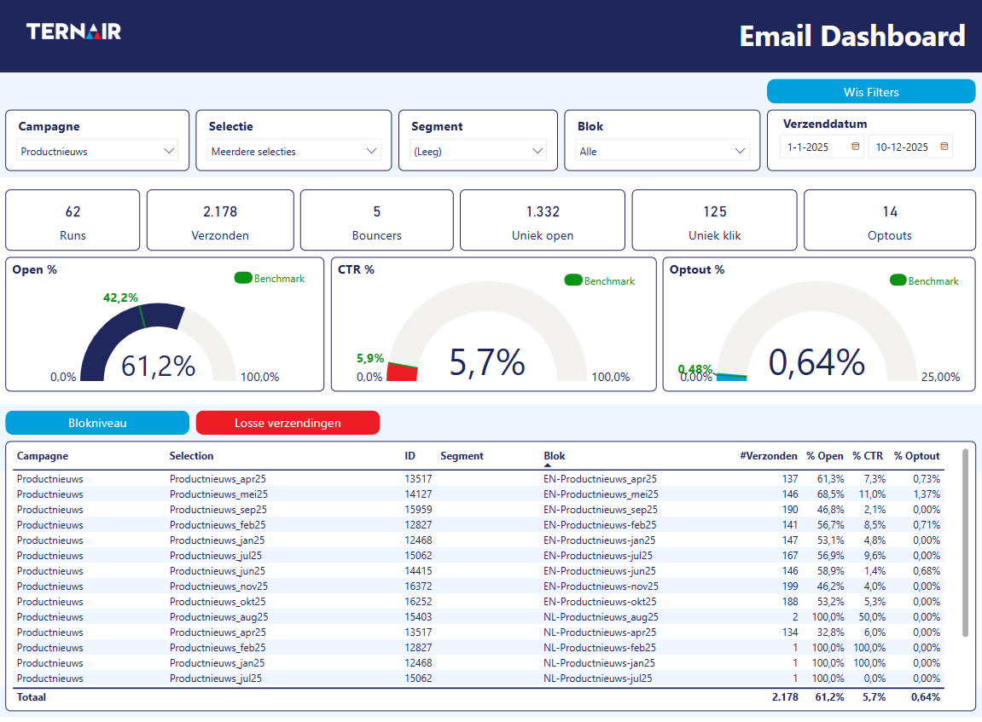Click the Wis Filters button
[870, 92]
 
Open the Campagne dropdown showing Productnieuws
[97, 151]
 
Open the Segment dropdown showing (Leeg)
[478, 151]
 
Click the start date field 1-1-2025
[821, 147]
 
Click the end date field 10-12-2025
[909, 147]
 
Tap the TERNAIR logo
[73, 32]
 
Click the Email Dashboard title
[851, 36]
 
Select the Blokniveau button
[97, 423]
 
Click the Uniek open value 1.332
[543, 211]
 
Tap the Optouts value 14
[890, 211]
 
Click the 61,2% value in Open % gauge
[158, 366]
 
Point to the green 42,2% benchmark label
[120, 297]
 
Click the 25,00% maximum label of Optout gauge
[940, 377]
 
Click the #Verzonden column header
[768, 456]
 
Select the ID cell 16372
[418, 586]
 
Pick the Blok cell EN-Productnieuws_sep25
[601, 510]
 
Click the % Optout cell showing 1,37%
[926, 494]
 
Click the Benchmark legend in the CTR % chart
[600, 280]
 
